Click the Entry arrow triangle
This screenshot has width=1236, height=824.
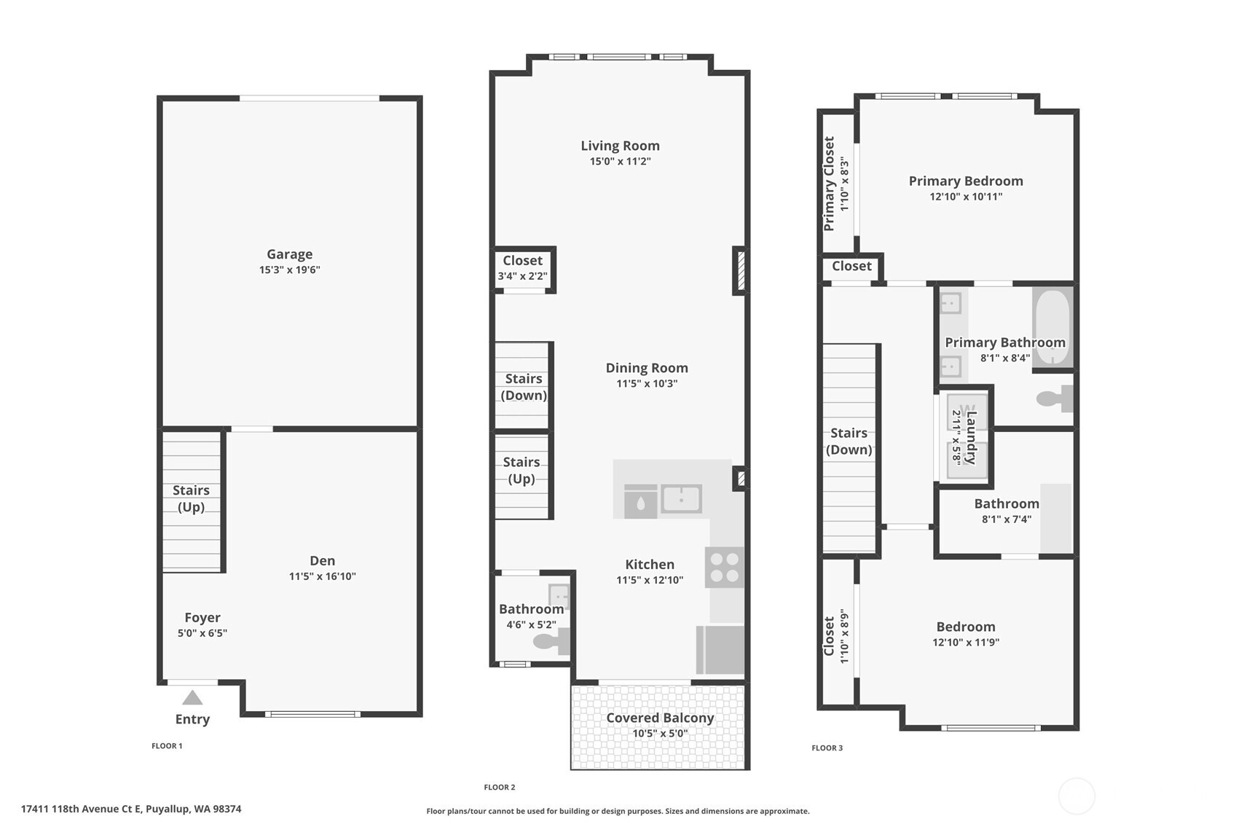192,698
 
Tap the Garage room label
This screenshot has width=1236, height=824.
289,254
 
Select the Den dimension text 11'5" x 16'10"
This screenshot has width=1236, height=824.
322,576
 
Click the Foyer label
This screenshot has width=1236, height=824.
202,618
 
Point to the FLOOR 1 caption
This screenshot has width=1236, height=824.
167,746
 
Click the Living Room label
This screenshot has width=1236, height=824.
620,146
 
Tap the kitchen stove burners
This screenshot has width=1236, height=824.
724,568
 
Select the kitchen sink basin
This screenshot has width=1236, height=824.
681,499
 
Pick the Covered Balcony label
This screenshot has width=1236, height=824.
660,718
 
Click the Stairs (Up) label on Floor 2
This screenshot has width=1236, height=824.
521,470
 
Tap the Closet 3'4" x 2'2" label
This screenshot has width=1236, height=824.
522,261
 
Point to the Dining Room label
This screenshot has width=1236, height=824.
647,368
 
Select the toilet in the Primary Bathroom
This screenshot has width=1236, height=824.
1054,399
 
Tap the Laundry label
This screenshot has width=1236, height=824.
971,437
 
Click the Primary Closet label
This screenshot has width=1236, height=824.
830,184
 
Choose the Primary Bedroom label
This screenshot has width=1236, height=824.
966,181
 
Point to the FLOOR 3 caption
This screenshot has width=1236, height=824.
827,748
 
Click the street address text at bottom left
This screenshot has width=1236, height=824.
131,809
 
